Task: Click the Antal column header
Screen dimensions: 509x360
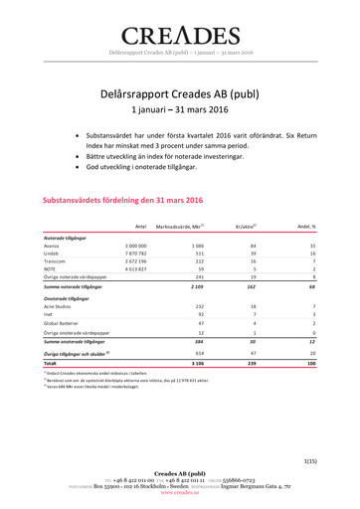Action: click(140, 227)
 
